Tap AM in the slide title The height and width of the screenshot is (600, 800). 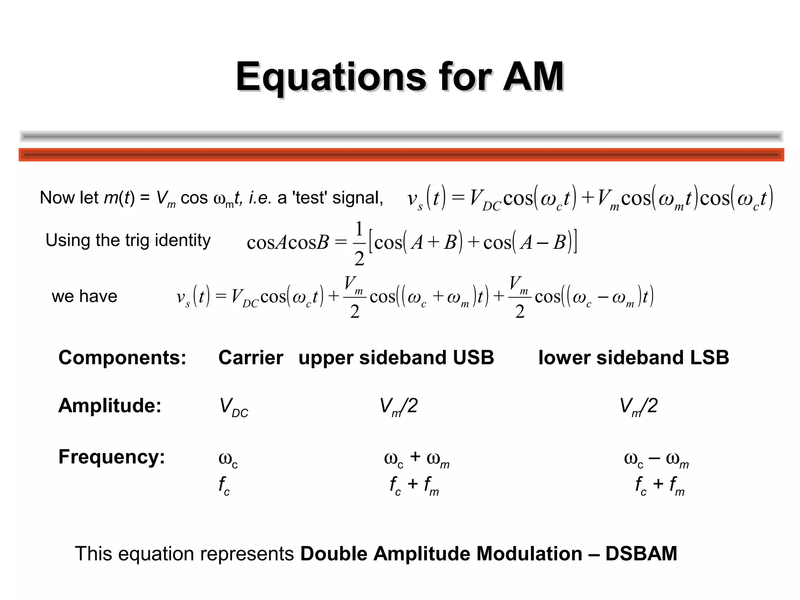533,77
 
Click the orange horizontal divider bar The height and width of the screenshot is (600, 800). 401,155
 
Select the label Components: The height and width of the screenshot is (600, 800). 122,357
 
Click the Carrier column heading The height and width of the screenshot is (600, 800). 251,357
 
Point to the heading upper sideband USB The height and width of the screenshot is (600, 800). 396,357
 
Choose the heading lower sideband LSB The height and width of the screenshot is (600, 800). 634,357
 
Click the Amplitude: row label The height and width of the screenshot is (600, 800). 110,405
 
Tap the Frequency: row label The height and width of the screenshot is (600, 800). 112,456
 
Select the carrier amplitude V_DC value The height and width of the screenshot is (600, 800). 234,407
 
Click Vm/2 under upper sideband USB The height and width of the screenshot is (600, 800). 398,406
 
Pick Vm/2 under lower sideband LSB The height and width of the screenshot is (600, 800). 638,406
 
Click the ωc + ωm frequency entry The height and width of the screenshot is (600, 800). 416,459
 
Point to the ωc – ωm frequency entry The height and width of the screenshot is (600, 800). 656,459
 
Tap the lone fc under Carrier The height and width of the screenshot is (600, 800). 224,485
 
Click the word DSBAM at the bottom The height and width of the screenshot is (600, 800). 641,554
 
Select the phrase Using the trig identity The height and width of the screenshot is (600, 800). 128,240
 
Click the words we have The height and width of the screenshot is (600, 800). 84,296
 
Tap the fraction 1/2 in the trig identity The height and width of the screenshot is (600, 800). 359,243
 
